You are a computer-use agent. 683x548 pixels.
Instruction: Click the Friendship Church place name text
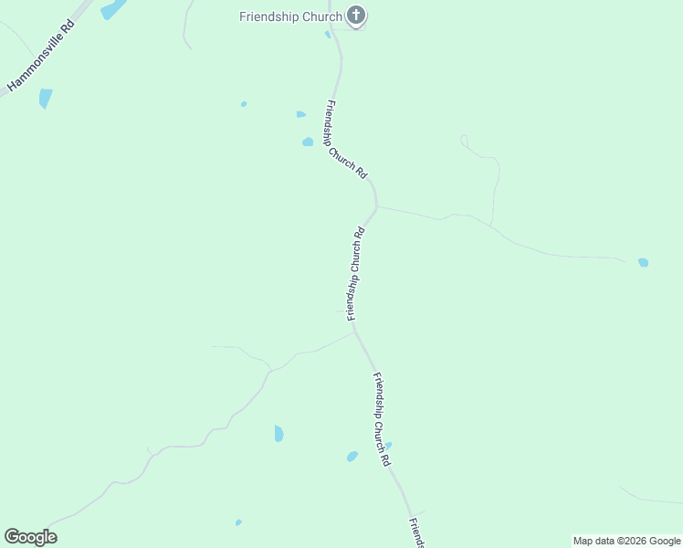290,16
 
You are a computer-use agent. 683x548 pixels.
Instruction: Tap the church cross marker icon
356,16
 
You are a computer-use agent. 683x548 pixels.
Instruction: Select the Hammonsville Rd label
41,57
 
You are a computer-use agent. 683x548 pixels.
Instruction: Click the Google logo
30,537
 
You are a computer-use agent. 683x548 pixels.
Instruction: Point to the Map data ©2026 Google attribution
626,541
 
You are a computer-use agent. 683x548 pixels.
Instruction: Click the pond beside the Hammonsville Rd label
46,98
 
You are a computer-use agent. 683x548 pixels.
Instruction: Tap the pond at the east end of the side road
644,262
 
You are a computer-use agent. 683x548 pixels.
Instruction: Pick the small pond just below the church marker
328,35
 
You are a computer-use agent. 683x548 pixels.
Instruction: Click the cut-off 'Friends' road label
416,532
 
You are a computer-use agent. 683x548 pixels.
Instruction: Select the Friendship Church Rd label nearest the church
347,140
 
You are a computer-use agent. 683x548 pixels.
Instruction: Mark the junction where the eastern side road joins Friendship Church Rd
376,207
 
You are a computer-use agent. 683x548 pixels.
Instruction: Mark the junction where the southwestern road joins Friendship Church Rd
354,332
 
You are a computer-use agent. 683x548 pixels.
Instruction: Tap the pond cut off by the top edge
112,9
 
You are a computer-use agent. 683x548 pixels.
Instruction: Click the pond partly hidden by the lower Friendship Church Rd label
388,447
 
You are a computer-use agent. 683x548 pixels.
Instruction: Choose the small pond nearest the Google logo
238,522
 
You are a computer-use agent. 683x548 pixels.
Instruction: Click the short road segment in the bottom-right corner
650,498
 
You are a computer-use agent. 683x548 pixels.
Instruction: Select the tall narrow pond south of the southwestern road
278,434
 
